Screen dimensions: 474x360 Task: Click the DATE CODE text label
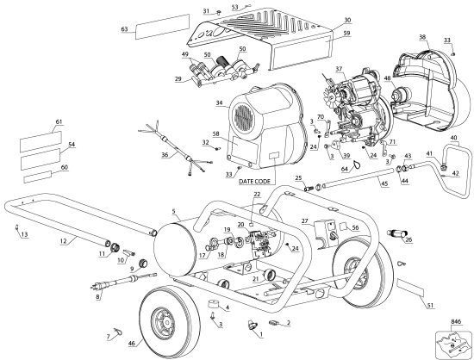(253, 182)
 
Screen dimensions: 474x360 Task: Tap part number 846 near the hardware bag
(456, 322)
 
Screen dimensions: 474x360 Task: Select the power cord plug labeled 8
(98, 285)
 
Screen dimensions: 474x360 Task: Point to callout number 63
(125, 29)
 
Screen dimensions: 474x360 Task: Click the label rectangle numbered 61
(41, 141)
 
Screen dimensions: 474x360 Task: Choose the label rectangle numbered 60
(38, 177)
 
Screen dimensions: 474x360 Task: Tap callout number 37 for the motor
(339, 69)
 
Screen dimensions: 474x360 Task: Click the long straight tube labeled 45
(359, 178)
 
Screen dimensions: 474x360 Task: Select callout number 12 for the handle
(63, 240)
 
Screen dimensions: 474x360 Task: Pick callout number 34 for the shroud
(220, 103)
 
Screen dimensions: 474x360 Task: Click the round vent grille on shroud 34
(244, 119)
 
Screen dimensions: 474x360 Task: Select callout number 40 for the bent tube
(453, 138)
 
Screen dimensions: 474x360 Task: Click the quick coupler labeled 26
(397, 233)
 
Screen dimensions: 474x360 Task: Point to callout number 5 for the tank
(174, 211)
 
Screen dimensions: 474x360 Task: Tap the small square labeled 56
(345, 226)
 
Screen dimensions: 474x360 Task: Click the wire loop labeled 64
(357, 164)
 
